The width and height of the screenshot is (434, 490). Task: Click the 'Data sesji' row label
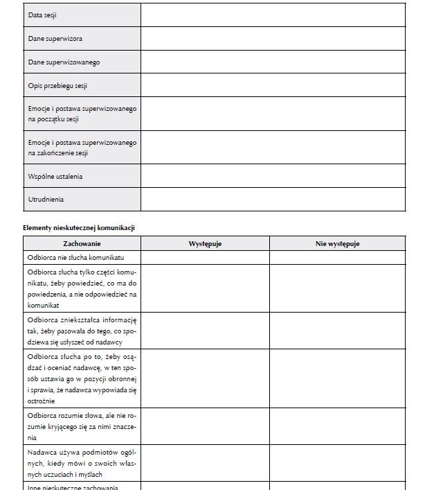(x=42, y=15)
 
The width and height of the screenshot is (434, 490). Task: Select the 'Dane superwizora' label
(x=55, y=39)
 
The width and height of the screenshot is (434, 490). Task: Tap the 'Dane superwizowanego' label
(x=64, y=62)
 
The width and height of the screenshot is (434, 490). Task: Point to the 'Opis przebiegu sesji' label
(x=57, y=86)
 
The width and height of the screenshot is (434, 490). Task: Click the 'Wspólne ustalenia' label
(x=55, y=176)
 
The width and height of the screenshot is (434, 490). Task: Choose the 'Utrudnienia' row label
(x=46, y=200)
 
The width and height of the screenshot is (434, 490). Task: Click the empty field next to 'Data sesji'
(x=273, y=15)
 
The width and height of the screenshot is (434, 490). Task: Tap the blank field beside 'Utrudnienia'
(x=273, y=200)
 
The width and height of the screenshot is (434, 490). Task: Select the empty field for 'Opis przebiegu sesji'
(x=273, y=86)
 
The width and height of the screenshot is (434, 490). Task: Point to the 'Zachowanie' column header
(x=82, y=243)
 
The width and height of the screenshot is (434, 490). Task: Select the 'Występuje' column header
(x=205, y=243)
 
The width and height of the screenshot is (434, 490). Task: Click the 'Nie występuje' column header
(x=337, y=243)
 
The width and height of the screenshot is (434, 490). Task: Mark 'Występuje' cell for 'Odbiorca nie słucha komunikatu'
(x=205, y=258)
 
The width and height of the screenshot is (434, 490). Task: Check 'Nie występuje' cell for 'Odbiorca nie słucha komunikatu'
(x=337, y=258)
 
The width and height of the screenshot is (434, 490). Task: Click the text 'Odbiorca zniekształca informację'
(x=82, y=320)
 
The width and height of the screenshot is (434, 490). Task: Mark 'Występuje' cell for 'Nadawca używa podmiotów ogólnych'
(x=205, y=463)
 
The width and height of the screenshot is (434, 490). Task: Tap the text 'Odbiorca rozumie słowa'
(x=82, y=416)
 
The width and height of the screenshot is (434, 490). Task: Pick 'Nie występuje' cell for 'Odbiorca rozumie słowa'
(x=337, y=426)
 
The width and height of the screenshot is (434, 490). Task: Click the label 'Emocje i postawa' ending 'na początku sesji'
(x=82, y=114)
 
